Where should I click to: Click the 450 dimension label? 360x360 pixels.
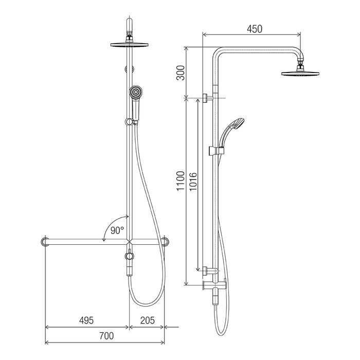(x=255, y=29)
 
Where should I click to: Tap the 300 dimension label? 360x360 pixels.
(x=181, y=73)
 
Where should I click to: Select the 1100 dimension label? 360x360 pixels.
(x=181, y=181)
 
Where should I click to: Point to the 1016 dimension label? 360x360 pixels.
(x=193, y=182)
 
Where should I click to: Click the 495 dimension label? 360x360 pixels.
(x=86, y=320)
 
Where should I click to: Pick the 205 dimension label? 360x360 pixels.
(x=148, y=320)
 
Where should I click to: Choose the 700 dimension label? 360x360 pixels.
(x=106, y=336)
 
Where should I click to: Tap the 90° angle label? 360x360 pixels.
(x=117, y=230)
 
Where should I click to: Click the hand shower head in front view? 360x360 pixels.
(x=135, y=93)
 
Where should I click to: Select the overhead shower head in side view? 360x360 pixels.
(x=300, y=73)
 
